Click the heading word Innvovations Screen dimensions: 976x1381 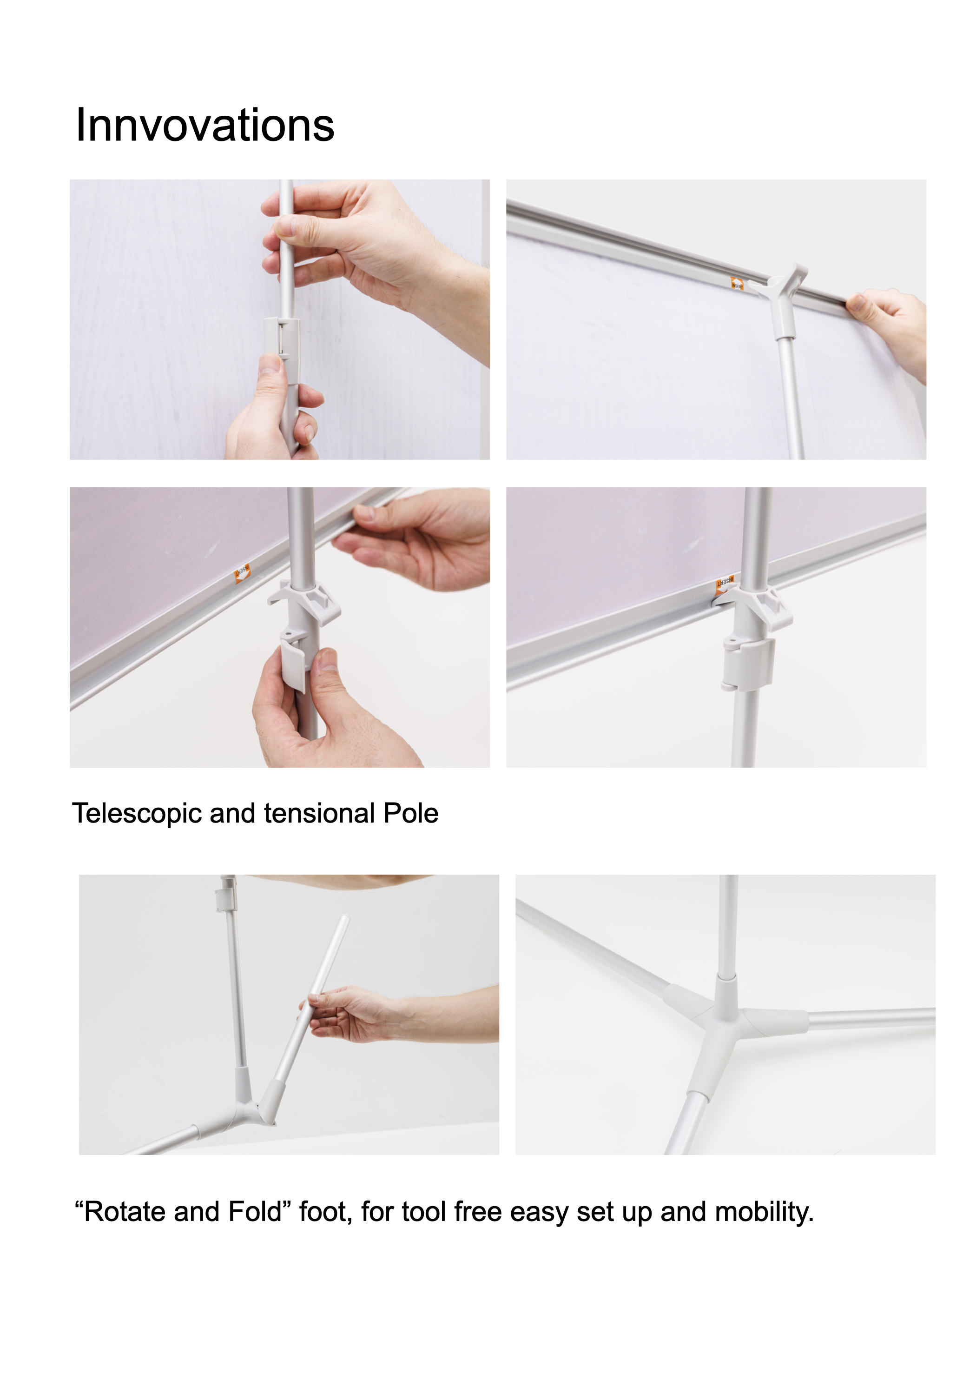pos(204,125)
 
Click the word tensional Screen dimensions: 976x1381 pos(319,813)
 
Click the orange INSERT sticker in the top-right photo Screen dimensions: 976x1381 pos(737,283)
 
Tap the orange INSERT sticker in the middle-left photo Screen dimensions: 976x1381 pos(242,572)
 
